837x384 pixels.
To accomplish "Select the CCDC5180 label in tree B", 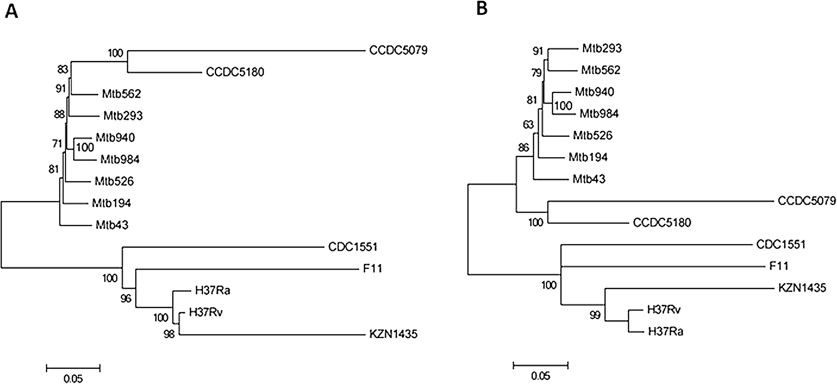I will pyautogui.click(x=662, y=223).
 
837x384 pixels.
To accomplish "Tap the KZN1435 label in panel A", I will pyautogui.click(x=393, y=334).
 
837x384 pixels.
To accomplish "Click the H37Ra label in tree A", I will pyautogui.click(x=213, y=290).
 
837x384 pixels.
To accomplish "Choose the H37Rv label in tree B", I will pyautogui.click(x=664, y=310).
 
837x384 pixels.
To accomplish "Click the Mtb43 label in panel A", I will pyautogui.click(x=112, y=225).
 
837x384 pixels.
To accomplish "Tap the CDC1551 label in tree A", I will pyautogui.click(x=353, y=247).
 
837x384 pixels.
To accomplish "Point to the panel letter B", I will pyautogui.click(x=482, y=9).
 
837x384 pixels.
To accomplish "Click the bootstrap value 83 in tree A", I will pyautogui.click(x=63, y=69).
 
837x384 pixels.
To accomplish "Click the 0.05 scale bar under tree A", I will pyautogui.click(x=73, y=368).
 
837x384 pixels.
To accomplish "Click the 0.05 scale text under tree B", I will pyautogui.click(x=541, y=376).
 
